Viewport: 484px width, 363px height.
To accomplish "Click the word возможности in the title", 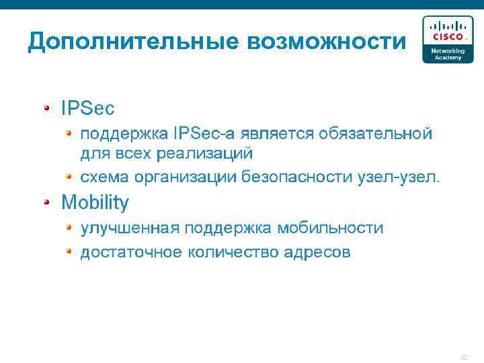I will pyautogui.click(x=327, y=42).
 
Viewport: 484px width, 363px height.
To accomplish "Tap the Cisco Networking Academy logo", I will pyautogui.click(x=447, y=40).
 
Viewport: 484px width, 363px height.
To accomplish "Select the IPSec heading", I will pyautogui.click(x=87, y=108).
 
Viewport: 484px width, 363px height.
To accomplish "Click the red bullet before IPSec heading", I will pyautogui.click(x=47, y=107).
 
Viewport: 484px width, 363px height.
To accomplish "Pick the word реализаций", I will pyautogui.click(x=205, y=153).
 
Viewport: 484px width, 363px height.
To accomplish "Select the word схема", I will pyautogui.click(x=105, y=177).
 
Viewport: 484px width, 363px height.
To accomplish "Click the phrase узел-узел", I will pyautogui.click(x=401, y=177).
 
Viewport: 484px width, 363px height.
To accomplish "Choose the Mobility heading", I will pyautogui.click(x=95, y=202).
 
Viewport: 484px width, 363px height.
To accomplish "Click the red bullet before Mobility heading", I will pyautogui.click(x=47, y=201).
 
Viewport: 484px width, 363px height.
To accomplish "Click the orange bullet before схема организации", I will pyautogui.click(x=69, y=176).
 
